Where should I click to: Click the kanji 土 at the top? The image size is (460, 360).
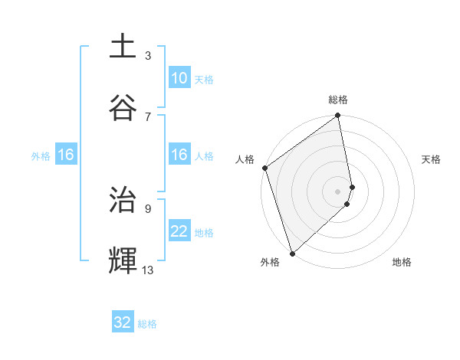(x=123, y=47)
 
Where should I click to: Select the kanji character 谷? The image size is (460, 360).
(x=123, y=107)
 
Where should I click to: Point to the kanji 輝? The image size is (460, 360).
(x=123, y=260)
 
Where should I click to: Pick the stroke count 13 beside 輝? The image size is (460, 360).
(x=148, y=270)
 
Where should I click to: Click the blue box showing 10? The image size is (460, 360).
(x=179, y=78)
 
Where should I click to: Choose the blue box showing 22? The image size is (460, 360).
(x=179, y=231)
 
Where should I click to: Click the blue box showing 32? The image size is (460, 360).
(x=123, y=322)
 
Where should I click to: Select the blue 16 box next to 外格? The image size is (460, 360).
(x=66, y=155)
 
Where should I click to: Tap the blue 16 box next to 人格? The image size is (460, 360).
(x=179, y=155)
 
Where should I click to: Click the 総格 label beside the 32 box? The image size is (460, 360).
(x=147, y=324)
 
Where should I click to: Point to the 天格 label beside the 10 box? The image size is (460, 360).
(x=203, y=80)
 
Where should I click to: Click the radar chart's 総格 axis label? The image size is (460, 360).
(x=338, y=100)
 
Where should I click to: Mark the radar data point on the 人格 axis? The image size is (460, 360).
(x=264, y=168)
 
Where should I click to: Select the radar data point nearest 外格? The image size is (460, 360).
(x=292, y=253)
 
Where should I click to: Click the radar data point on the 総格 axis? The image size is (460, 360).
(x=338, y=116)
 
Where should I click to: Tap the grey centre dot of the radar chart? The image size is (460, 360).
(x=337, y=191)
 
